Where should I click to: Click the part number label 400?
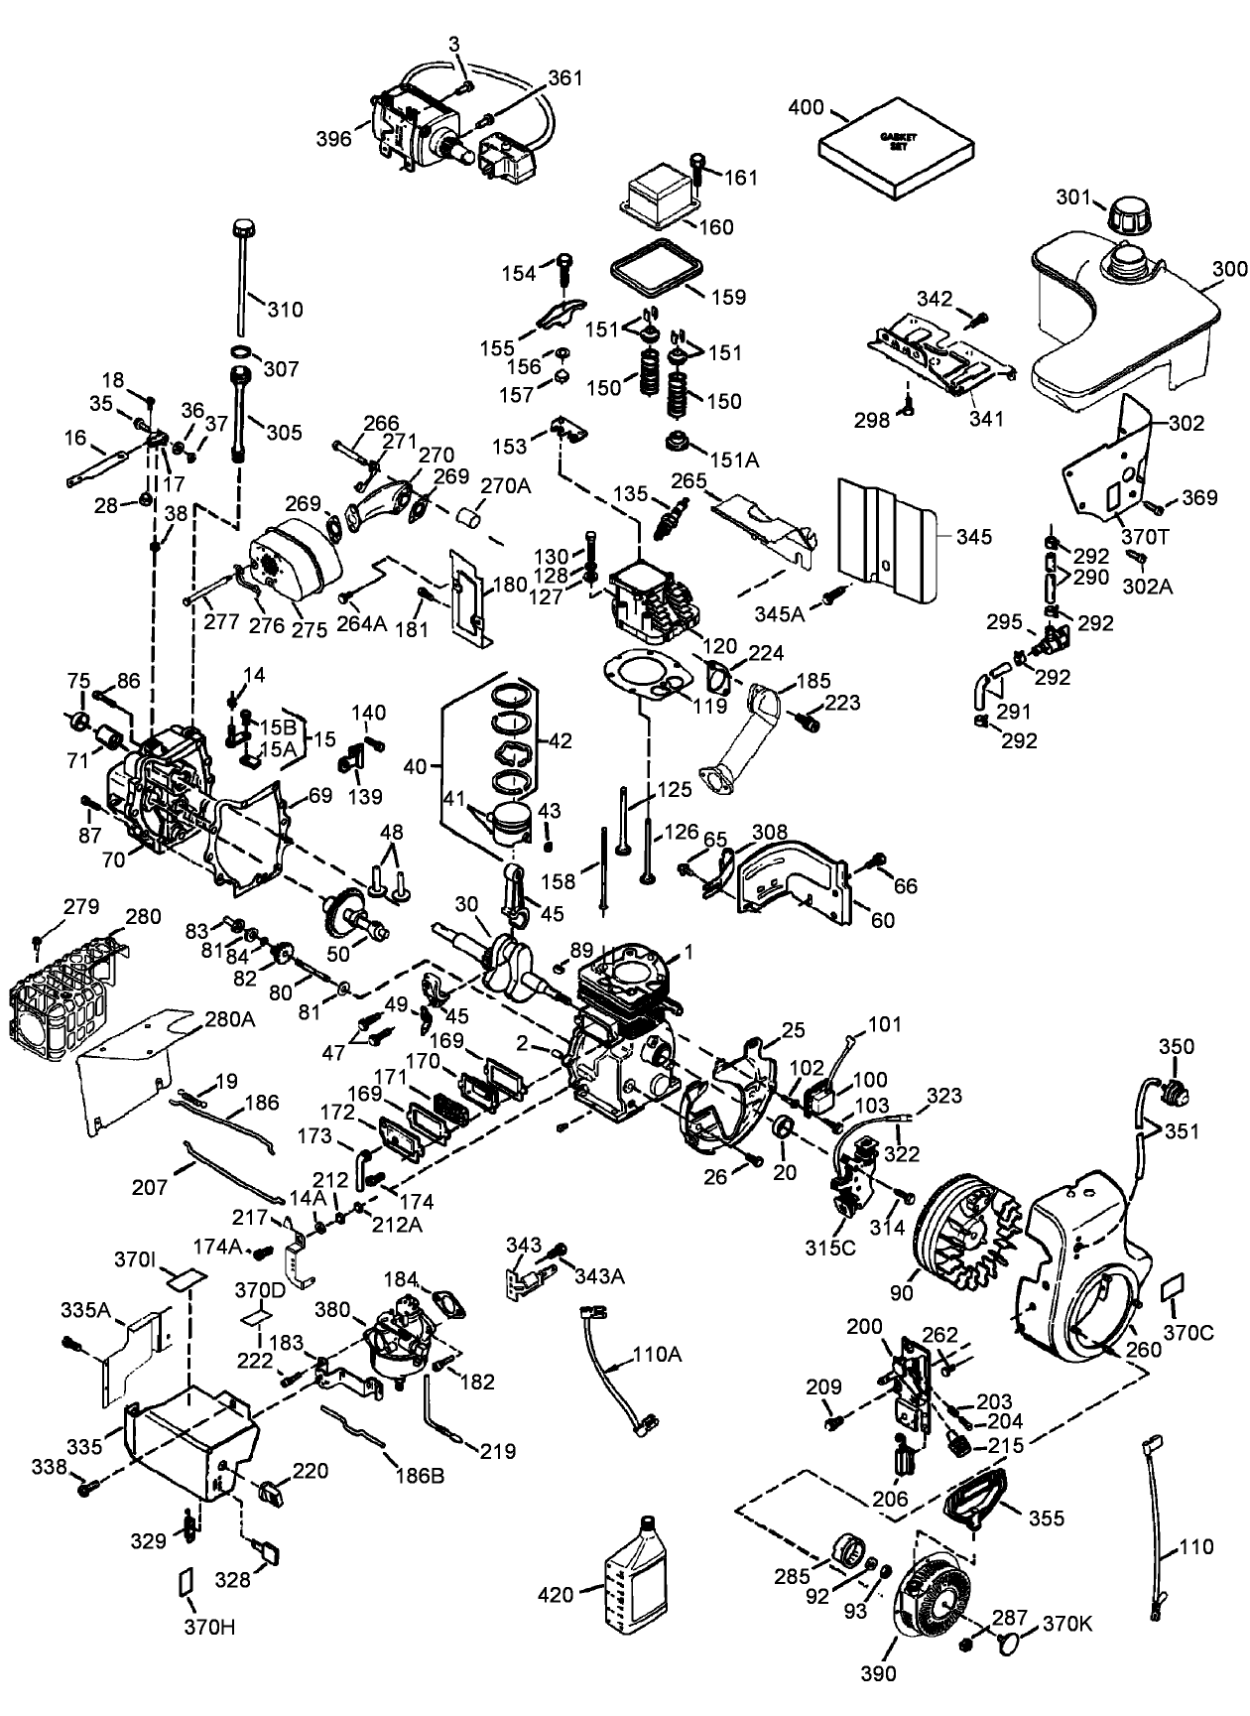tap(807, 107)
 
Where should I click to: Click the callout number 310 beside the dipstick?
tap(285, 310)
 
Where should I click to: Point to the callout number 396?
tap(334, 139)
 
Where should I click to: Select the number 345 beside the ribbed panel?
tap(974, 537)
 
